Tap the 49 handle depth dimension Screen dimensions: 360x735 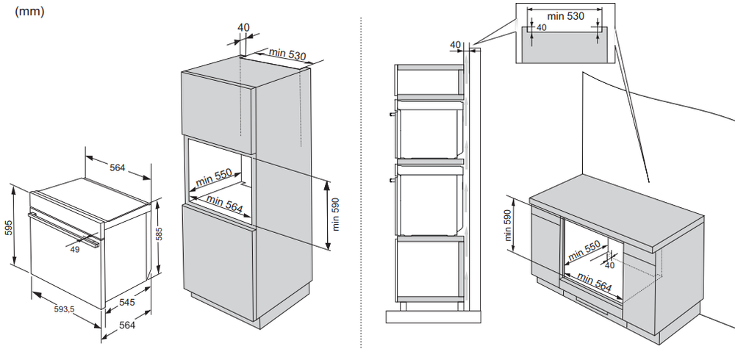pos(76,248)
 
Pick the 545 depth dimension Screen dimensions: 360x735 pos(127,301)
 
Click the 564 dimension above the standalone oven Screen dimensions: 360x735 pos(118,168)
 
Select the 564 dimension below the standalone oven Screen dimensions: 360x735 pos(127,325)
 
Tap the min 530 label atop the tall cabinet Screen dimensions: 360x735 pos(287,53)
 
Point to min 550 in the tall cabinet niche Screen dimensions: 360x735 pos(213,178)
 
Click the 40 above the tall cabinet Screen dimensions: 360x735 pos(243,28)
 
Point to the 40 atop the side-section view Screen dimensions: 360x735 pos(455,45)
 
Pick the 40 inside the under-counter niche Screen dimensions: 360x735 pos(609,265)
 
